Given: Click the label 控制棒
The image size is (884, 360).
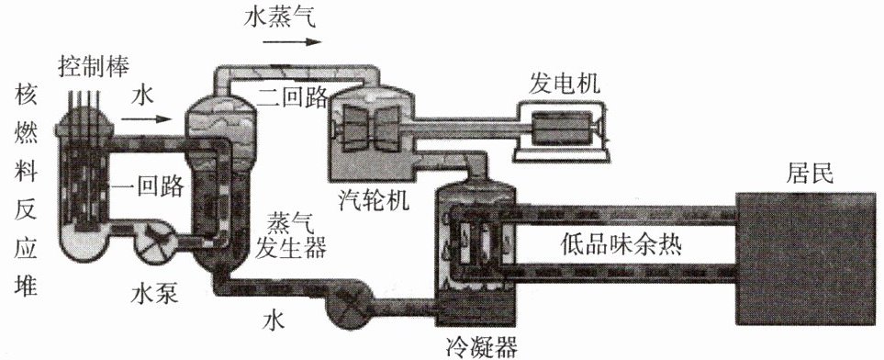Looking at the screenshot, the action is pos(94,67).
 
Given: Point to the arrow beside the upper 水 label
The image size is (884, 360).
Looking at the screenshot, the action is pos(146,118).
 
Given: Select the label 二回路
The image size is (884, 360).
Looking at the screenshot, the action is pos(293,97).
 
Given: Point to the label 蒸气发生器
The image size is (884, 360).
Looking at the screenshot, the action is pos(290,235).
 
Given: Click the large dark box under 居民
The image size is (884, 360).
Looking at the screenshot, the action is pos(806,259).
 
